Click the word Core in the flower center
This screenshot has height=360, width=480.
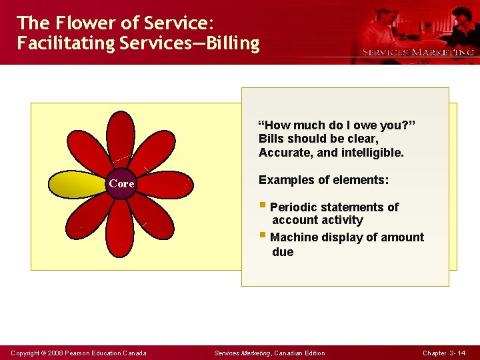(x=121, y=183)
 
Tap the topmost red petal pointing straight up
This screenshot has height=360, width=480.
(x=121, y=140)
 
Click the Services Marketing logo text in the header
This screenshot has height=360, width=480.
(x=418, y=52)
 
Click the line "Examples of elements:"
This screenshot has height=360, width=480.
(x=323, y=180)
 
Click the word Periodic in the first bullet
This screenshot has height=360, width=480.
(x=293, y=207)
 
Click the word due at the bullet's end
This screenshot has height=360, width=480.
(x=283, y=252)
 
